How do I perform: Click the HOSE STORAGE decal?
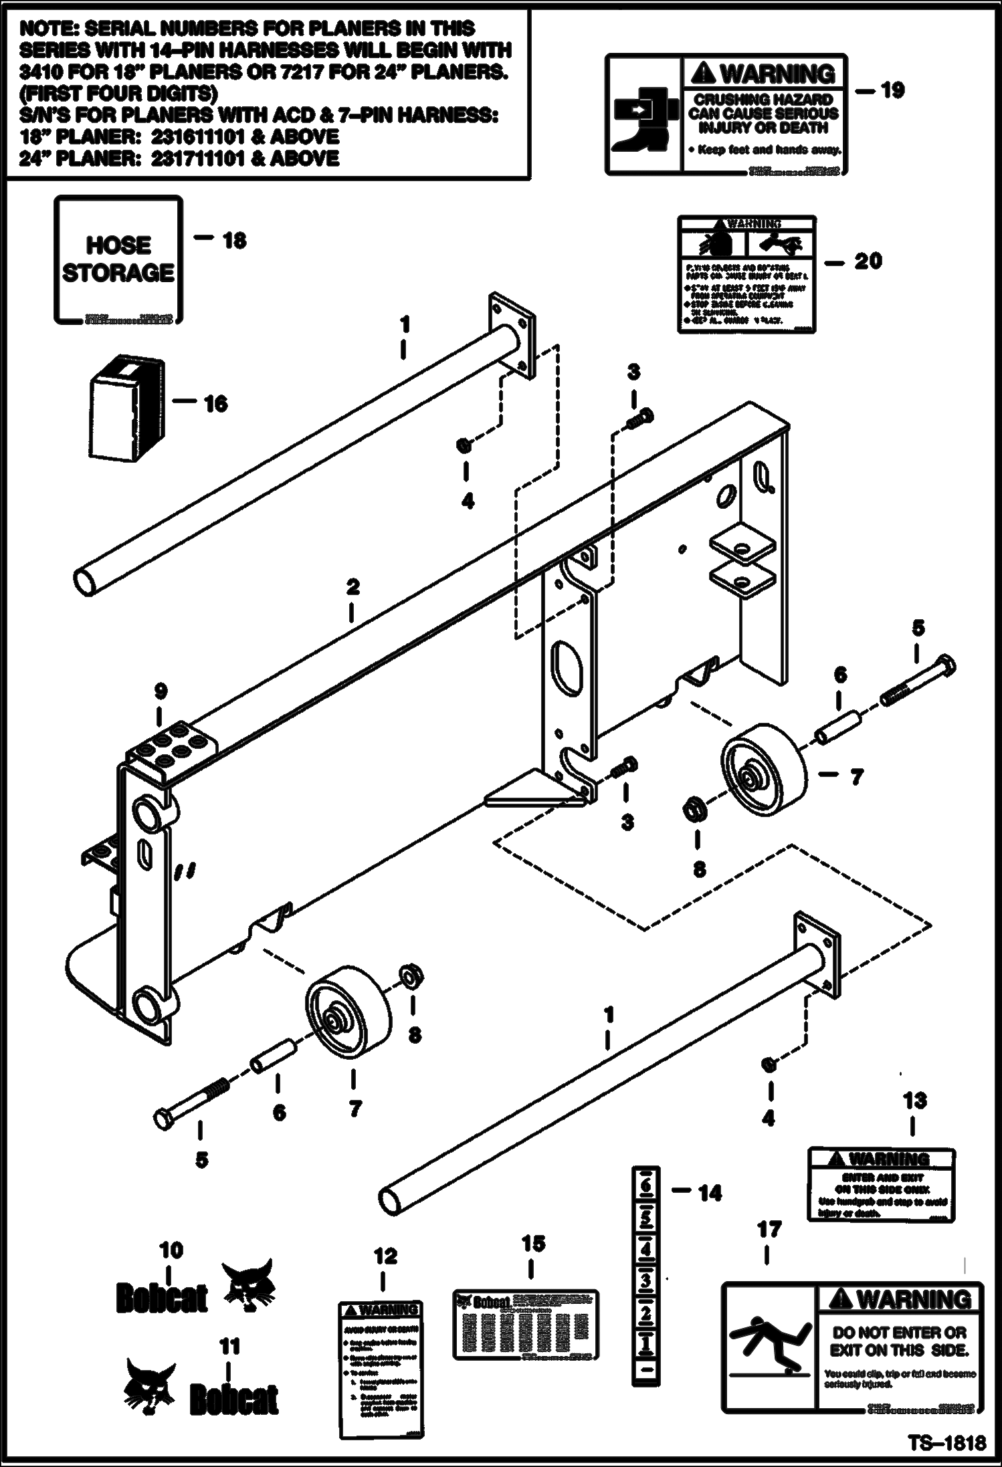coord(118,259)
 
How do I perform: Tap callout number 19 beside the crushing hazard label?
coord(892,90)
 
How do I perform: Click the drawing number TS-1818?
coord(947,1442)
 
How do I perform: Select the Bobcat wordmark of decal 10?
coord(162,1299)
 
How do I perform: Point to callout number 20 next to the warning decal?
coord(868,261)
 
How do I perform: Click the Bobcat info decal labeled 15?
coord(525,1325)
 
